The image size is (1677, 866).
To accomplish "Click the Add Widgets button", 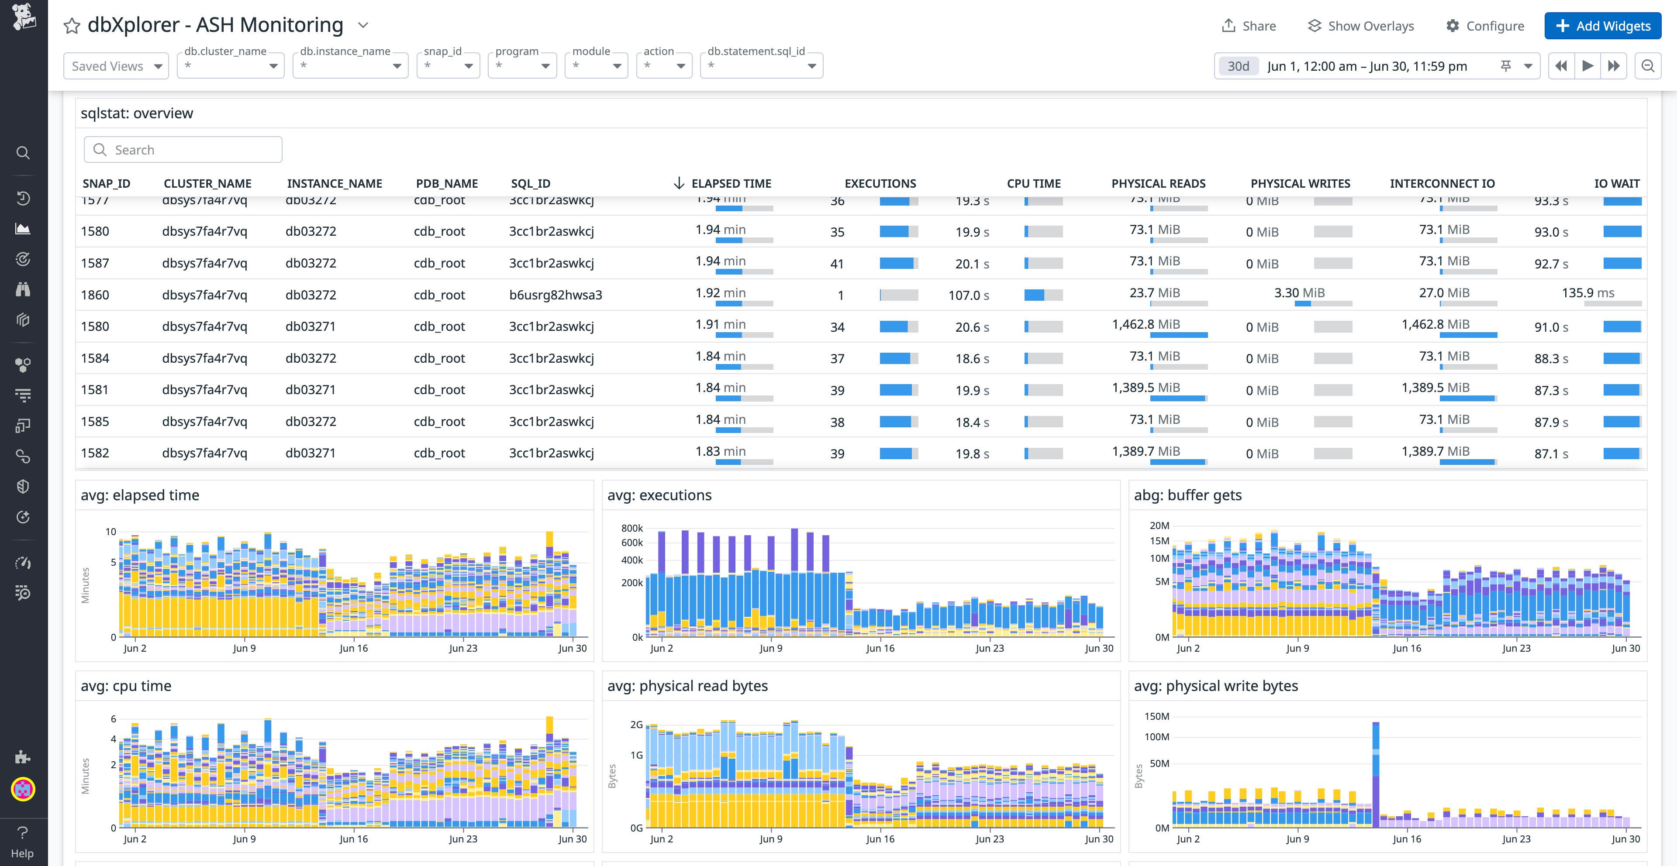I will [1602, 26].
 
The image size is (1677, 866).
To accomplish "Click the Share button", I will [1249, 26].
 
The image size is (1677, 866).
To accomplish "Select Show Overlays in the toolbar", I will [1361, 26].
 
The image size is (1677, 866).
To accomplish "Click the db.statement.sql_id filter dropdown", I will [761, 66].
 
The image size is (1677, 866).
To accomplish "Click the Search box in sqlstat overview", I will [183, 150].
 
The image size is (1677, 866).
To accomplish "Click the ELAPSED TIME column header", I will [731, 183].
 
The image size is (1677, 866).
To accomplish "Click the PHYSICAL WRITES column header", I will [1300, 183].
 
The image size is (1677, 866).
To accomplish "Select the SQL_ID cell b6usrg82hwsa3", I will [556, 295].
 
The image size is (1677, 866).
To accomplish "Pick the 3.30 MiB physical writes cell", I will [1299, 293].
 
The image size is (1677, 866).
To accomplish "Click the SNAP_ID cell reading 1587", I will [95, 263].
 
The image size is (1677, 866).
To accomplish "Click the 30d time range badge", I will [1238, 66].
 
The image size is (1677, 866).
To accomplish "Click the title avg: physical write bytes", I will [1215, 686].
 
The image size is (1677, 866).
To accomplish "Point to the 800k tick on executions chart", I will [631, 528].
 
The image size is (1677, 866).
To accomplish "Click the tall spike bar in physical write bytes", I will [1376, 774].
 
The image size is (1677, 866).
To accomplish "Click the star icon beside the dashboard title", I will [72, 26].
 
